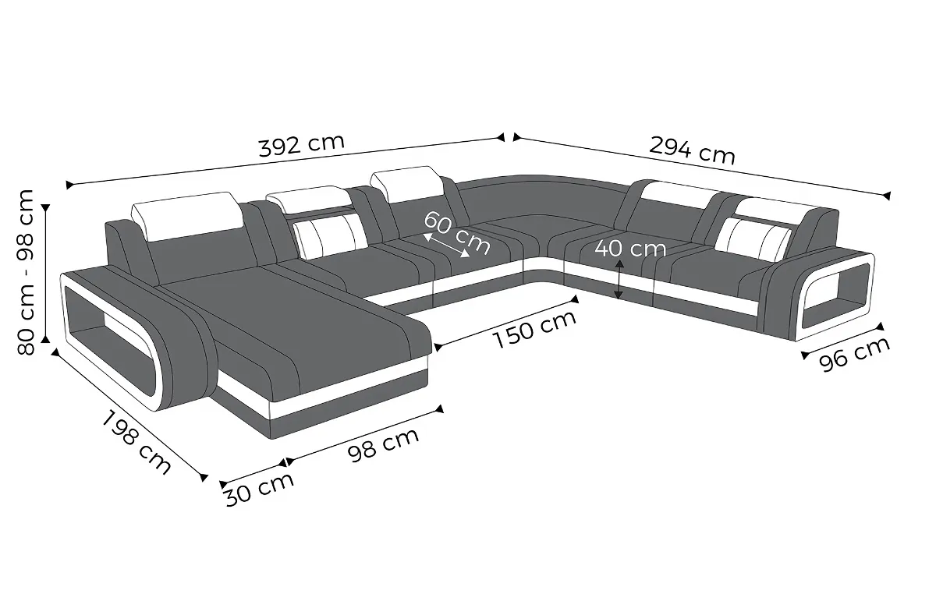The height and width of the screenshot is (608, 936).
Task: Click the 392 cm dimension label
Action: (x=302, y=146)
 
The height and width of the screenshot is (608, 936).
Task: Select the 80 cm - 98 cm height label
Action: (x=26, y=272)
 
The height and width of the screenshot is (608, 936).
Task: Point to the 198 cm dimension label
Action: (x=136, y=443)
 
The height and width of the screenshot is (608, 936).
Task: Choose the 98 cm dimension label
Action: (x=383, y=444)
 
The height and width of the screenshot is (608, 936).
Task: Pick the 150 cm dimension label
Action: (x=535, y=329)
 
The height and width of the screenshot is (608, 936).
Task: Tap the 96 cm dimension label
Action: (x=854, y=354)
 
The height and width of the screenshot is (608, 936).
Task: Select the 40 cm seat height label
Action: (x=630, y=249)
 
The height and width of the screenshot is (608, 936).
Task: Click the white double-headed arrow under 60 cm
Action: (x=446, y=246)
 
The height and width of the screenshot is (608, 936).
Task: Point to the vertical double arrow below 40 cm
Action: (x=619, y=279)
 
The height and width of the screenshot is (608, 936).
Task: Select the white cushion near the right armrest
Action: (x=753, y=239)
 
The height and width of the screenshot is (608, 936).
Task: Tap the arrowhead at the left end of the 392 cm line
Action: (x=69, y=185)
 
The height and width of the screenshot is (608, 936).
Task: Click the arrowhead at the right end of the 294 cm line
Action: (x=887, y=196)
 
